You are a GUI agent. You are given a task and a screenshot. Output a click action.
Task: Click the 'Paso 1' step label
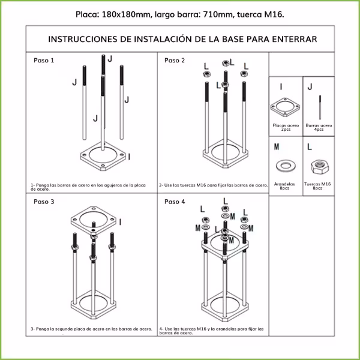(x=44, y=61)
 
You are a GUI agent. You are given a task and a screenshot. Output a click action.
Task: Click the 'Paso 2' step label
(x=175, y=61)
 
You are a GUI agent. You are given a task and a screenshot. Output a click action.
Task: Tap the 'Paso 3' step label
(x=44, y=202)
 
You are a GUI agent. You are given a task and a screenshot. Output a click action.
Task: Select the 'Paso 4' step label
(x=175, y=202)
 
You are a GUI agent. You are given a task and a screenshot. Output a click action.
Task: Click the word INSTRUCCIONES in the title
(x=83, y=39)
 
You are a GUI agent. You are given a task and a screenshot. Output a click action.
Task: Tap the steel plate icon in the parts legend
(x=286, y=107)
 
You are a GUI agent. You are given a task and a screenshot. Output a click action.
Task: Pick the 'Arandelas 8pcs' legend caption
(x=285, y=186)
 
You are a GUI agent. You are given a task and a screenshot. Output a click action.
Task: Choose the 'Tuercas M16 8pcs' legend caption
(x=317, y=186)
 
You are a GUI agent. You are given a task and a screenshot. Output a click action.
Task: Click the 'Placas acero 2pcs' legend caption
(x=286, y=127)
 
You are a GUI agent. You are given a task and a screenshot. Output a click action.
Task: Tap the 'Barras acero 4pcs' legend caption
(x=319, y=127)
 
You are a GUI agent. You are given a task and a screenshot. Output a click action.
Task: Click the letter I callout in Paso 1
(x=130, y=157)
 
